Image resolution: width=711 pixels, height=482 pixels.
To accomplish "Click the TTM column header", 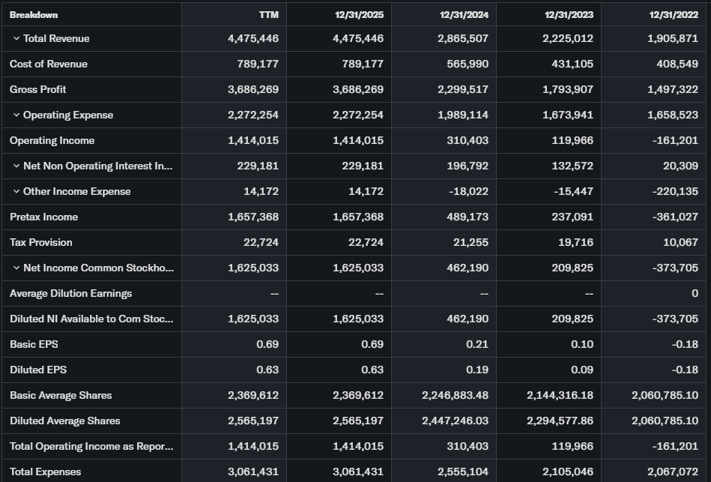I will pos(268,14).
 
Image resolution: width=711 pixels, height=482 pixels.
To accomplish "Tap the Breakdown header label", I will pos(34,14).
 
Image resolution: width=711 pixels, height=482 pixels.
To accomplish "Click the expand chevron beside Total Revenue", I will pos(16,38).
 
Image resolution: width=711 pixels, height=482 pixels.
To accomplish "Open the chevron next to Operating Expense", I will pos(16,115).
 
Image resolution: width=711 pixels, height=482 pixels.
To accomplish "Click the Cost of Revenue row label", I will pos(49,64).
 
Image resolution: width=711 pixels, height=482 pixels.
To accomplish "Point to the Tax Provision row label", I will pos(41,242).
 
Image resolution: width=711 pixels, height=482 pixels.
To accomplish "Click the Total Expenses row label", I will pos(46,472).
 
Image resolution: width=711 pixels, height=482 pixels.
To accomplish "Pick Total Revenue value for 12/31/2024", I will pos(463,38).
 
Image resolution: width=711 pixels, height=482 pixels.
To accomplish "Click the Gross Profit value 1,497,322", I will pos(673,89).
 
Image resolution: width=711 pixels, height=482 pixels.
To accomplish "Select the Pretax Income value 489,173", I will pos(468,217).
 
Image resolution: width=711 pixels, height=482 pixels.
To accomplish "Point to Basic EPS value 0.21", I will pos(478,344).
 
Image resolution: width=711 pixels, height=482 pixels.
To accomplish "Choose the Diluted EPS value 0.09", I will pos(583,370).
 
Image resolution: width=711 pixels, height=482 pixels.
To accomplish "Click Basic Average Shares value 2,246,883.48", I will pos(455,395).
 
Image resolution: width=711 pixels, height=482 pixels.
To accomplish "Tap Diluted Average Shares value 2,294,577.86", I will pos(560,421).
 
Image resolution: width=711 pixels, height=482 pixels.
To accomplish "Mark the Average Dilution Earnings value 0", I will pos(695,293).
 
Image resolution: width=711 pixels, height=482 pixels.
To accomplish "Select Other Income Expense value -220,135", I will pos(674,191).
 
